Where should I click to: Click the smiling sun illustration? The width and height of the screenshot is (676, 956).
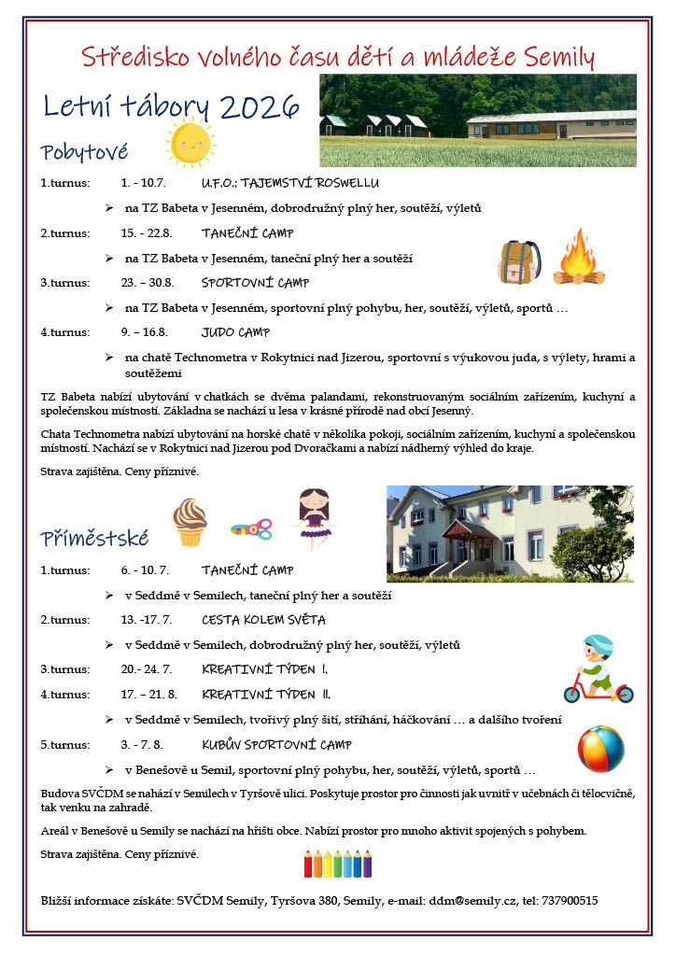190,143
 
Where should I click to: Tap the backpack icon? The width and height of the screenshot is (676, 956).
519,261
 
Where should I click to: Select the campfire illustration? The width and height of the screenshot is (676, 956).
579,258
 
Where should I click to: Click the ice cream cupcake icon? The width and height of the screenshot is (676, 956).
190,521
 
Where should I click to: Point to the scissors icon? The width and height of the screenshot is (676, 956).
251,529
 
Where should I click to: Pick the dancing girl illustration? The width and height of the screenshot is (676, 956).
314,519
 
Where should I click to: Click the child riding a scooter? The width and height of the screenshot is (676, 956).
598,669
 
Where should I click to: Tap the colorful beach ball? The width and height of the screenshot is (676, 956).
600,749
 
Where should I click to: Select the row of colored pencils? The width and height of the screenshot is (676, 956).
337,863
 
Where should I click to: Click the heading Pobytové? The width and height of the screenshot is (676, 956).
84,151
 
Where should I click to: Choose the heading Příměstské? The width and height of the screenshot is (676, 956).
94,538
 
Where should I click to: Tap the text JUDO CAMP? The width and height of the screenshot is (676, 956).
235,332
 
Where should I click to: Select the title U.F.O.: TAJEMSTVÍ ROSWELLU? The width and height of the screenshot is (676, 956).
276,183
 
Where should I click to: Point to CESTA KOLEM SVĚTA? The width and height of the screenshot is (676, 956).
250,620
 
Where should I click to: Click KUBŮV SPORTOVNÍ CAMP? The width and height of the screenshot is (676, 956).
276,745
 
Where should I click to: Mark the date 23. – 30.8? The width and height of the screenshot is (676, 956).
148,283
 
